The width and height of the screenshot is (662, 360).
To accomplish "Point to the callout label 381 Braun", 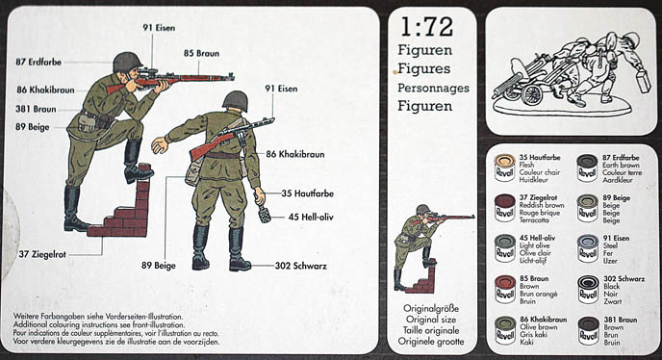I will pyautogui.click(x=37, y=109).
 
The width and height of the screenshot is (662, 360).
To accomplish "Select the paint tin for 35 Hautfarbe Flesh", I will pyautogui.click(x=504, y=165).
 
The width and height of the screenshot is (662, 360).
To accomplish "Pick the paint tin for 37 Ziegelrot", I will pyautogui.click(x=504, y=206).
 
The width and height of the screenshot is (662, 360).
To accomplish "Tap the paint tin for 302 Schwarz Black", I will pyautogui.click(x=587, y=289).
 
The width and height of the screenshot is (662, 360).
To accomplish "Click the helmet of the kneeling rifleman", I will pyautogui.click(x=127, y=63).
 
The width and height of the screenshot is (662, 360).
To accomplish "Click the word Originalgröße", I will pyautogui.click(x=430, y=309).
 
